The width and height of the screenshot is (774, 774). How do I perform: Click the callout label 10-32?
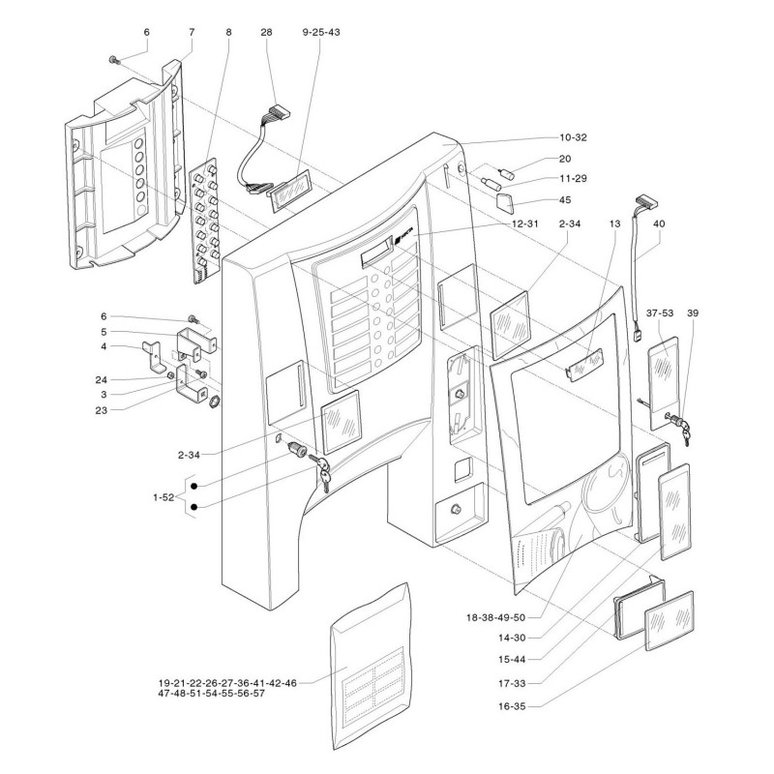pos(573,137)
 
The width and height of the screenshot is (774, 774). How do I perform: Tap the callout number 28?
pos(266,32)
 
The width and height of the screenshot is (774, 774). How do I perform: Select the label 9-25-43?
pos(321,32)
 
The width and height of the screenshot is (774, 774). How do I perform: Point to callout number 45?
pos(565,200)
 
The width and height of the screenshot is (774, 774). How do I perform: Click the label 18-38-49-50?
pos(496,617)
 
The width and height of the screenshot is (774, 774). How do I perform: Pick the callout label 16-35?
pos(512,706)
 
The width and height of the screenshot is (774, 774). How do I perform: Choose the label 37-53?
pos(660,313)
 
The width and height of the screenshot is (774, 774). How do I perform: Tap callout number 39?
pos(693,313)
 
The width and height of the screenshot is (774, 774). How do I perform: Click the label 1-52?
pos(164,497)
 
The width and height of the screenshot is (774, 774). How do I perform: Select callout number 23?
pos(102,410)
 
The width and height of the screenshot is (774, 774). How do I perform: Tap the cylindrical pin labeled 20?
pos(508,173)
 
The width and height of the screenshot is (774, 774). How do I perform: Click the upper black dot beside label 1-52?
pos(194,487)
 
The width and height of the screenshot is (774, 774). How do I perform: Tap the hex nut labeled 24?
pos(170,375)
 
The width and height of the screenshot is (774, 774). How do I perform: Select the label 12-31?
pos(524,223)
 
